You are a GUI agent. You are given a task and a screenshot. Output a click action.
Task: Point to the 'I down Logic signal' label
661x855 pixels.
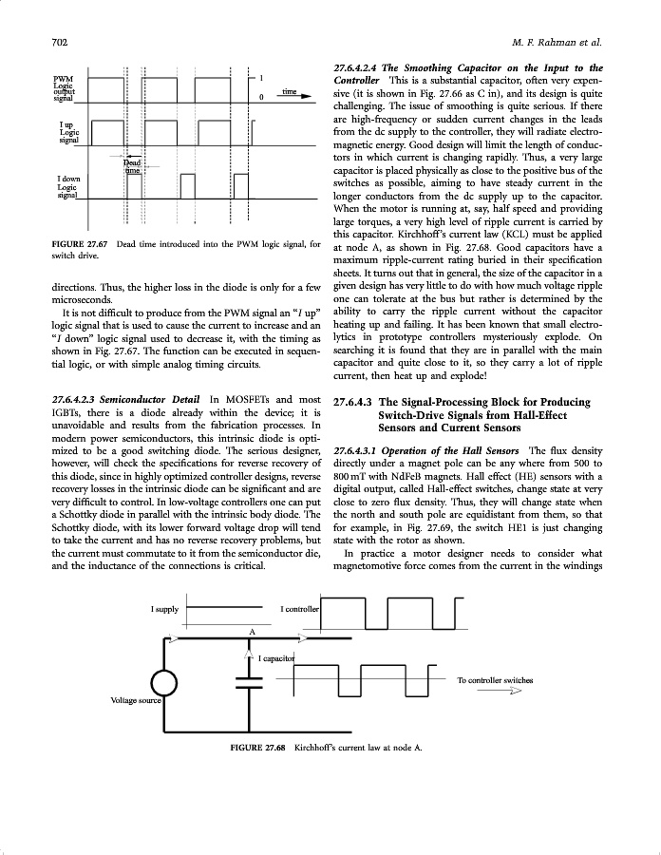(x=67, y=187)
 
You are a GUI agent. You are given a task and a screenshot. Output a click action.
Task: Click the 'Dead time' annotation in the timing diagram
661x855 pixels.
(x=133, y=166)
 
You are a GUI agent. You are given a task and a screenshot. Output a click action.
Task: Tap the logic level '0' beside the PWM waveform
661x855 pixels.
(x=261, y=96)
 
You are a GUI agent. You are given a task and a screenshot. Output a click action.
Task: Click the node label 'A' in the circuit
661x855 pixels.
(x=252, y=631)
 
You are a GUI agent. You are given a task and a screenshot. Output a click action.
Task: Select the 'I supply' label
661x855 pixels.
(x=165, y=608)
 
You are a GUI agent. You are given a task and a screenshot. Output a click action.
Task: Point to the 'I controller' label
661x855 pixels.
(x=300, y=608)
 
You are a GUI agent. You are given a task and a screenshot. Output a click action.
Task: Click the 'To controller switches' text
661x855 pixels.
(x=495, y=680)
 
